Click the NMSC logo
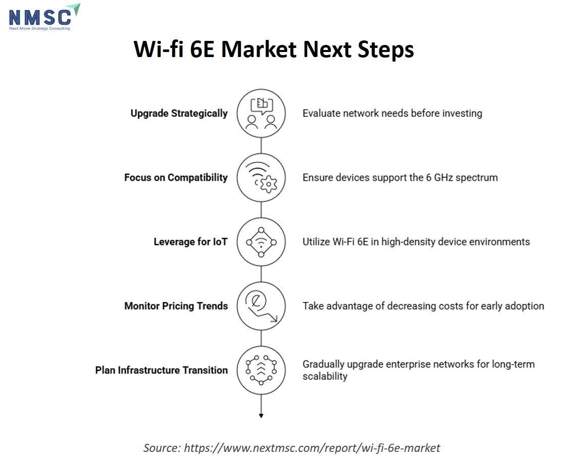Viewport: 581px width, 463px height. pyautogui.click(x=44, y=17)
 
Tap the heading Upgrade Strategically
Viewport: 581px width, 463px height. pyautogui.click(x=179, y=113)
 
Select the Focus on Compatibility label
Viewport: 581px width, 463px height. pyautogui.click(x=176, y=177)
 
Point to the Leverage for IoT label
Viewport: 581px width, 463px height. pyautogui.click(x=190, y=242)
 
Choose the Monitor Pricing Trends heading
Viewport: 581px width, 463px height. pyautogui.click(x=176, y=306)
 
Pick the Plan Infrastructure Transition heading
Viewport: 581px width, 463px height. pyautogui.click(x=162, y=370)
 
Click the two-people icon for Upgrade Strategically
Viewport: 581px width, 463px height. pyautogui.click(x=261, y=113)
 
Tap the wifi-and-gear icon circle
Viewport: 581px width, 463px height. pyautogui.click(x=261, y=177)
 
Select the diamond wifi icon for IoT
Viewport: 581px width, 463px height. pyautogui.click(x=261, y=242)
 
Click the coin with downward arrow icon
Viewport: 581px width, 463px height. pyautogui.click(x=261, y=306)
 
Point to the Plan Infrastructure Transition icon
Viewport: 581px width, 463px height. pyautogui.click(x=261, y=370)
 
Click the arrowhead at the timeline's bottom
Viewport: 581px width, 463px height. pyautogui.click(x=261, y=416)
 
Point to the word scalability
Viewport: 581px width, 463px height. pyautogui.click(x=325, y=376)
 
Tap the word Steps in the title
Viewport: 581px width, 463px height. pyautogui.click(x=385, y=50)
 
